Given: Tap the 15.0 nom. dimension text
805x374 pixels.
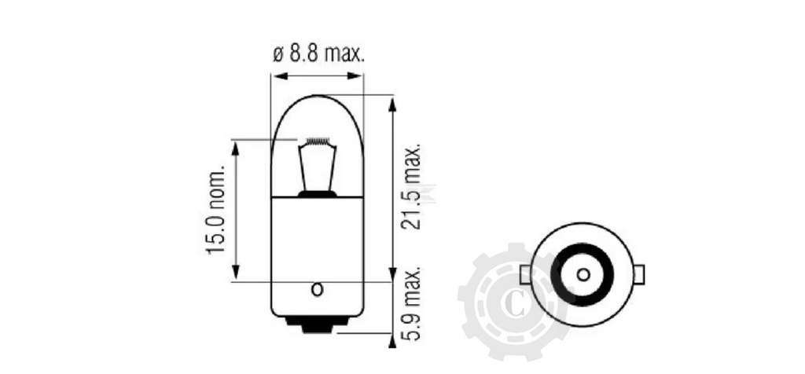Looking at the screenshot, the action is pyautogui.click(x=215, y=209).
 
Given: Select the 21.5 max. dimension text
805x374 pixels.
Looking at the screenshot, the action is pyautogui.click(x=410, y=186).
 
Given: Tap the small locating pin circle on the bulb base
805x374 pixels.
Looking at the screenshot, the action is pyautogui.click(x=318, y=289).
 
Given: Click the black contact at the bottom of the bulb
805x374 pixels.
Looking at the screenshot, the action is pyautogui.click(x=318, y=324).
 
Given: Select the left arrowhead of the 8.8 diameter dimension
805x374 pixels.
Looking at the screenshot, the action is pyautogui.click(x=279, y=76).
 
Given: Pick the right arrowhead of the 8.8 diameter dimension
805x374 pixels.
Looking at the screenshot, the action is pyautogui.click(x=355, y=76).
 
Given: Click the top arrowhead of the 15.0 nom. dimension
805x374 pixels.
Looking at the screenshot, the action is pyautogui.click(x=236, y=148).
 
